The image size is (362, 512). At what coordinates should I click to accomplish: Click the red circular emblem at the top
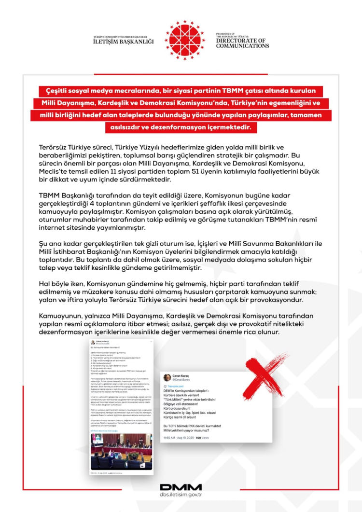pyautogui.click(x=184, y=40)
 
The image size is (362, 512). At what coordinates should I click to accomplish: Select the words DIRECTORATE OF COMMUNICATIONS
pyautogui.click(x=242, y=43)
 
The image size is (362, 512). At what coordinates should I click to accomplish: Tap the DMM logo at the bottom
pyautogui.click(x=181, y=487)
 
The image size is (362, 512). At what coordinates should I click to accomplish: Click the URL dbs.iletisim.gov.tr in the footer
pyautogui.click(x=181, y=495)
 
